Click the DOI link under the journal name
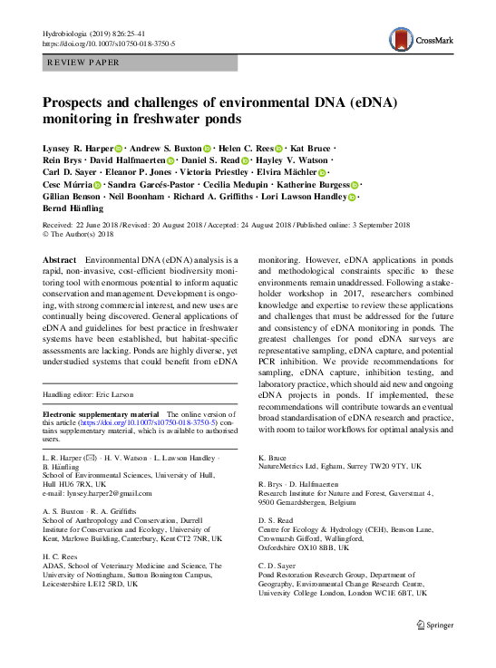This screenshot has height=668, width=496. click(110, 44)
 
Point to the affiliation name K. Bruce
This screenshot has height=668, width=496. click(274, 459)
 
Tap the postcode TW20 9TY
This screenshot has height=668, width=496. click(385, 467)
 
